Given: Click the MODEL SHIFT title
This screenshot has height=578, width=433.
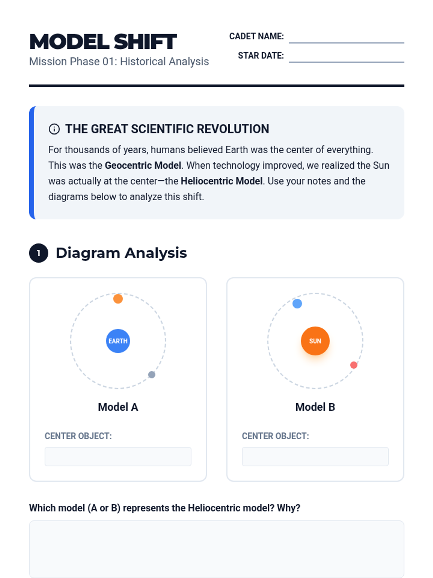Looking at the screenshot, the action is pyautogui.click(x=103, y=41).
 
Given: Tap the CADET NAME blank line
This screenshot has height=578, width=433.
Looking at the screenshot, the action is pyautogui.click(x=346, y=43).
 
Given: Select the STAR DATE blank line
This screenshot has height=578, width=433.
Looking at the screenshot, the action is pyautogui.click(x=346, y=62).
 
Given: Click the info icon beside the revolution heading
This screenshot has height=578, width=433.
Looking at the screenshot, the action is pyautogui.click(x=54, y=129).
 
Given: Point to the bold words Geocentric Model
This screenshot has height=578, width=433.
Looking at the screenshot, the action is pyautogui.click(x=143, y=165).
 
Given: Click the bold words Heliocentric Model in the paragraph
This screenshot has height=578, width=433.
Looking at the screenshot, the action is pyautogui.click(x=221, y=181).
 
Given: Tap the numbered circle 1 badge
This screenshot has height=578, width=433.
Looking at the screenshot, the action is pyautogui.click(x=39, y=253).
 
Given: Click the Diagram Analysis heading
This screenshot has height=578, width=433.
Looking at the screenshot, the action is pyautogui.click(x=121, y=253).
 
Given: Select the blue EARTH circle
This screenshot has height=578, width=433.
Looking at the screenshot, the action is pyautogui.click(x=118, y=341).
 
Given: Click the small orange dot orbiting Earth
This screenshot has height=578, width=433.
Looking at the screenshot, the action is pyautogui.click(x=118, y=299).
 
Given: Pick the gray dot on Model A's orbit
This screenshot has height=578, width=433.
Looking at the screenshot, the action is pyautogui.click(x=152, y=375).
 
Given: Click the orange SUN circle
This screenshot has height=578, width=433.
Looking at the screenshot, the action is pyautogui.click(x=315, y=341).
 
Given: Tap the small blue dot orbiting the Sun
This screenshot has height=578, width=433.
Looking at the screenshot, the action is pyautogui.click(x=297, y=303).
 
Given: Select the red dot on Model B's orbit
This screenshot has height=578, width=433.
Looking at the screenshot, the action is pyautogui.click(x=354, y=365).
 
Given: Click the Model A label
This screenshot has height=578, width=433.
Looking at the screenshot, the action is pyautogui.click(x=118, y=407).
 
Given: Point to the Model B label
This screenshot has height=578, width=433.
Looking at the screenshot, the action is pyautogui.click(x=315, y=407).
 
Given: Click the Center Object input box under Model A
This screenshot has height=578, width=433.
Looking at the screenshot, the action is pyautogui.click(x=118, y=456).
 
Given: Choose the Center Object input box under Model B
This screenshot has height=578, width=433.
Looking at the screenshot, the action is pyautogui.click(x=315, y=456).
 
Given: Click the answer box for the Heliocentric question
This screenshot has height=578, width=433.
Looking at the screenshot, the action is pyautogui.click(x=216, y=549).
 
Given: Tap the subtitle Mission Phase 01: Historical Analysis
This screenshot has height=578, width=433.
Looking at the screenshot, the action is pyautogui.click(x=119, y=61).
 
